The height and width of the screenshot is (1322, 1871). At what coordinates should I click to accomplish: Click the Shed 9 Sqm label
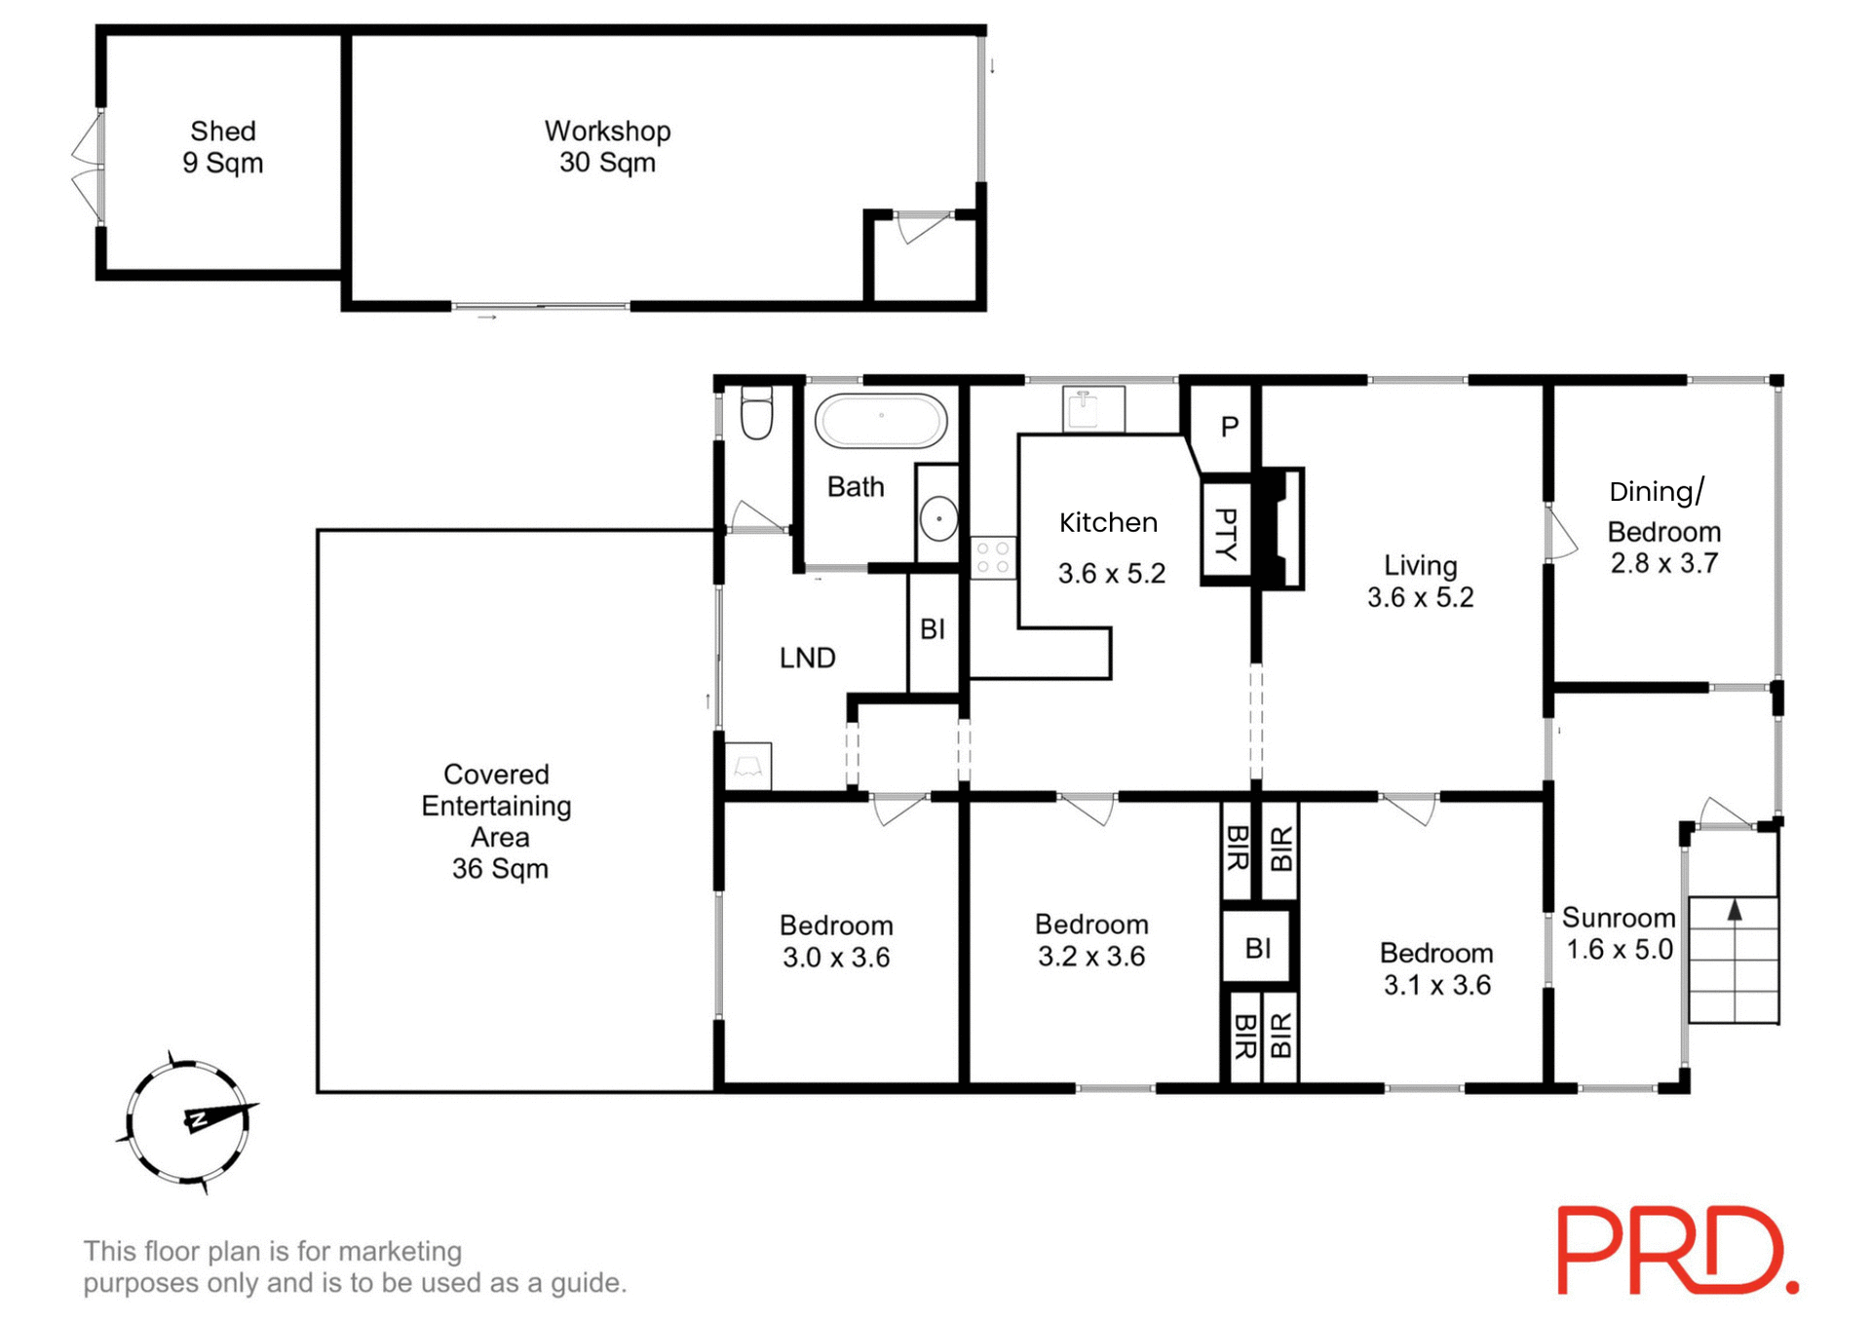[223, 147]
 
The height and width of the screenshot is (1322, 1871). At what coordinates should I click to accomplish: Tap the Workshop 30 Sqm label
[607, 147]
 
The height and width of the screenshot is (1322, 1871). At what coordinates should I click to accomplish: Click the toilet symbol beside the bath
[757, 413]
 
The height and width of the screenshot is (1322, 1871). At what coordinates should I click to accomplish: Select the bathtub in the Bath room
[881, 421]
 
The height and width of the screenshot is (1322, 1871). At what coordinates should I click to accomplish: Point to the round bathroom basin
[939, 517]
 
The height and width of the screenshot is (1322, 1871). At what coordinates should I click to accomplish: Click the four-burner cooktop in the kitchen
[993, 558]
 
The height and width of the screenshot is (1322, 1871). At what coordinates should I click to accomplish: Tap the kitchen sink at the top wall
[1093, 408]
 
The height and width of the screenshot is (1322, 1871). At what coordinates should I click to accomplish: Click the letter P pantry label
[1230, 427]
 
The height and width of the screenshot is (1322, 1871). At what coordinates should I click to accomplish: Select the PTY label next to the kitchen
[1226, 534]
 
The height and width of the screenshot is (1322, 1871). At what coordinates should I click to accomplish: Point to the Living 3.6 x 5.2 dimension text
[1420, 597]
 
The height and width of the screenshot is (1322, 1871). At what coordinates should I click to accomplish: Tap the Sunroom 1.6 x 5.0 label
[1619, 933]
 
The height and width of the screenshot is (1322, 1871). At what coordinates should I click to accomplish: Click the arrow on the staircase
[1735, 911]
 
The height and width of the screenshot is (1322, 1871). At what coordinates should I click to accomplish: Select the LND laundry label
[807, 658]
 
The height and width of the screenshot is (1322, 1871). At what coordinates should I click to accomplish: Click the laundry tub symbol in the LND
[748, 766]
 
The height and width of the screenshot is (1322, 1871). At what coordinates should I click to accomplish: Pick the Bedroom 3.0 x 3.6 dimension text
[836, 958]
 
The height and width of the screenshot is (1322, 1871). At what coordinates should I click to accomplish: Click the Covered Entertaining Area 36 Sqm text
[497, 821]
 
